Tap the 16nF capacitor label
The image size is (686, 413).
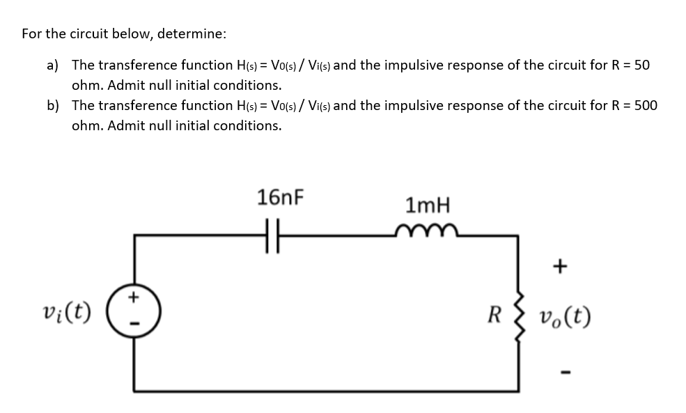(280, 197)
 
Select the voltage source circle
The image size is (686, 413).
(135, 308)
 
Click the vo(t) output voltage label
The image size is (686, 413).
(563, 318)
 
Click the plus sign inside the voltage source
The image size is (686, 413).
(135, 298)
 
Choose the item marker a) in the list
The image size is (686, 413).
(52, 65)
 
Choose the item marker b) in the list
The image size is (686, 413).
(52, 106)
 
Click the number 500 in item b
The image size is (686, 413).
(645, 106)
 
